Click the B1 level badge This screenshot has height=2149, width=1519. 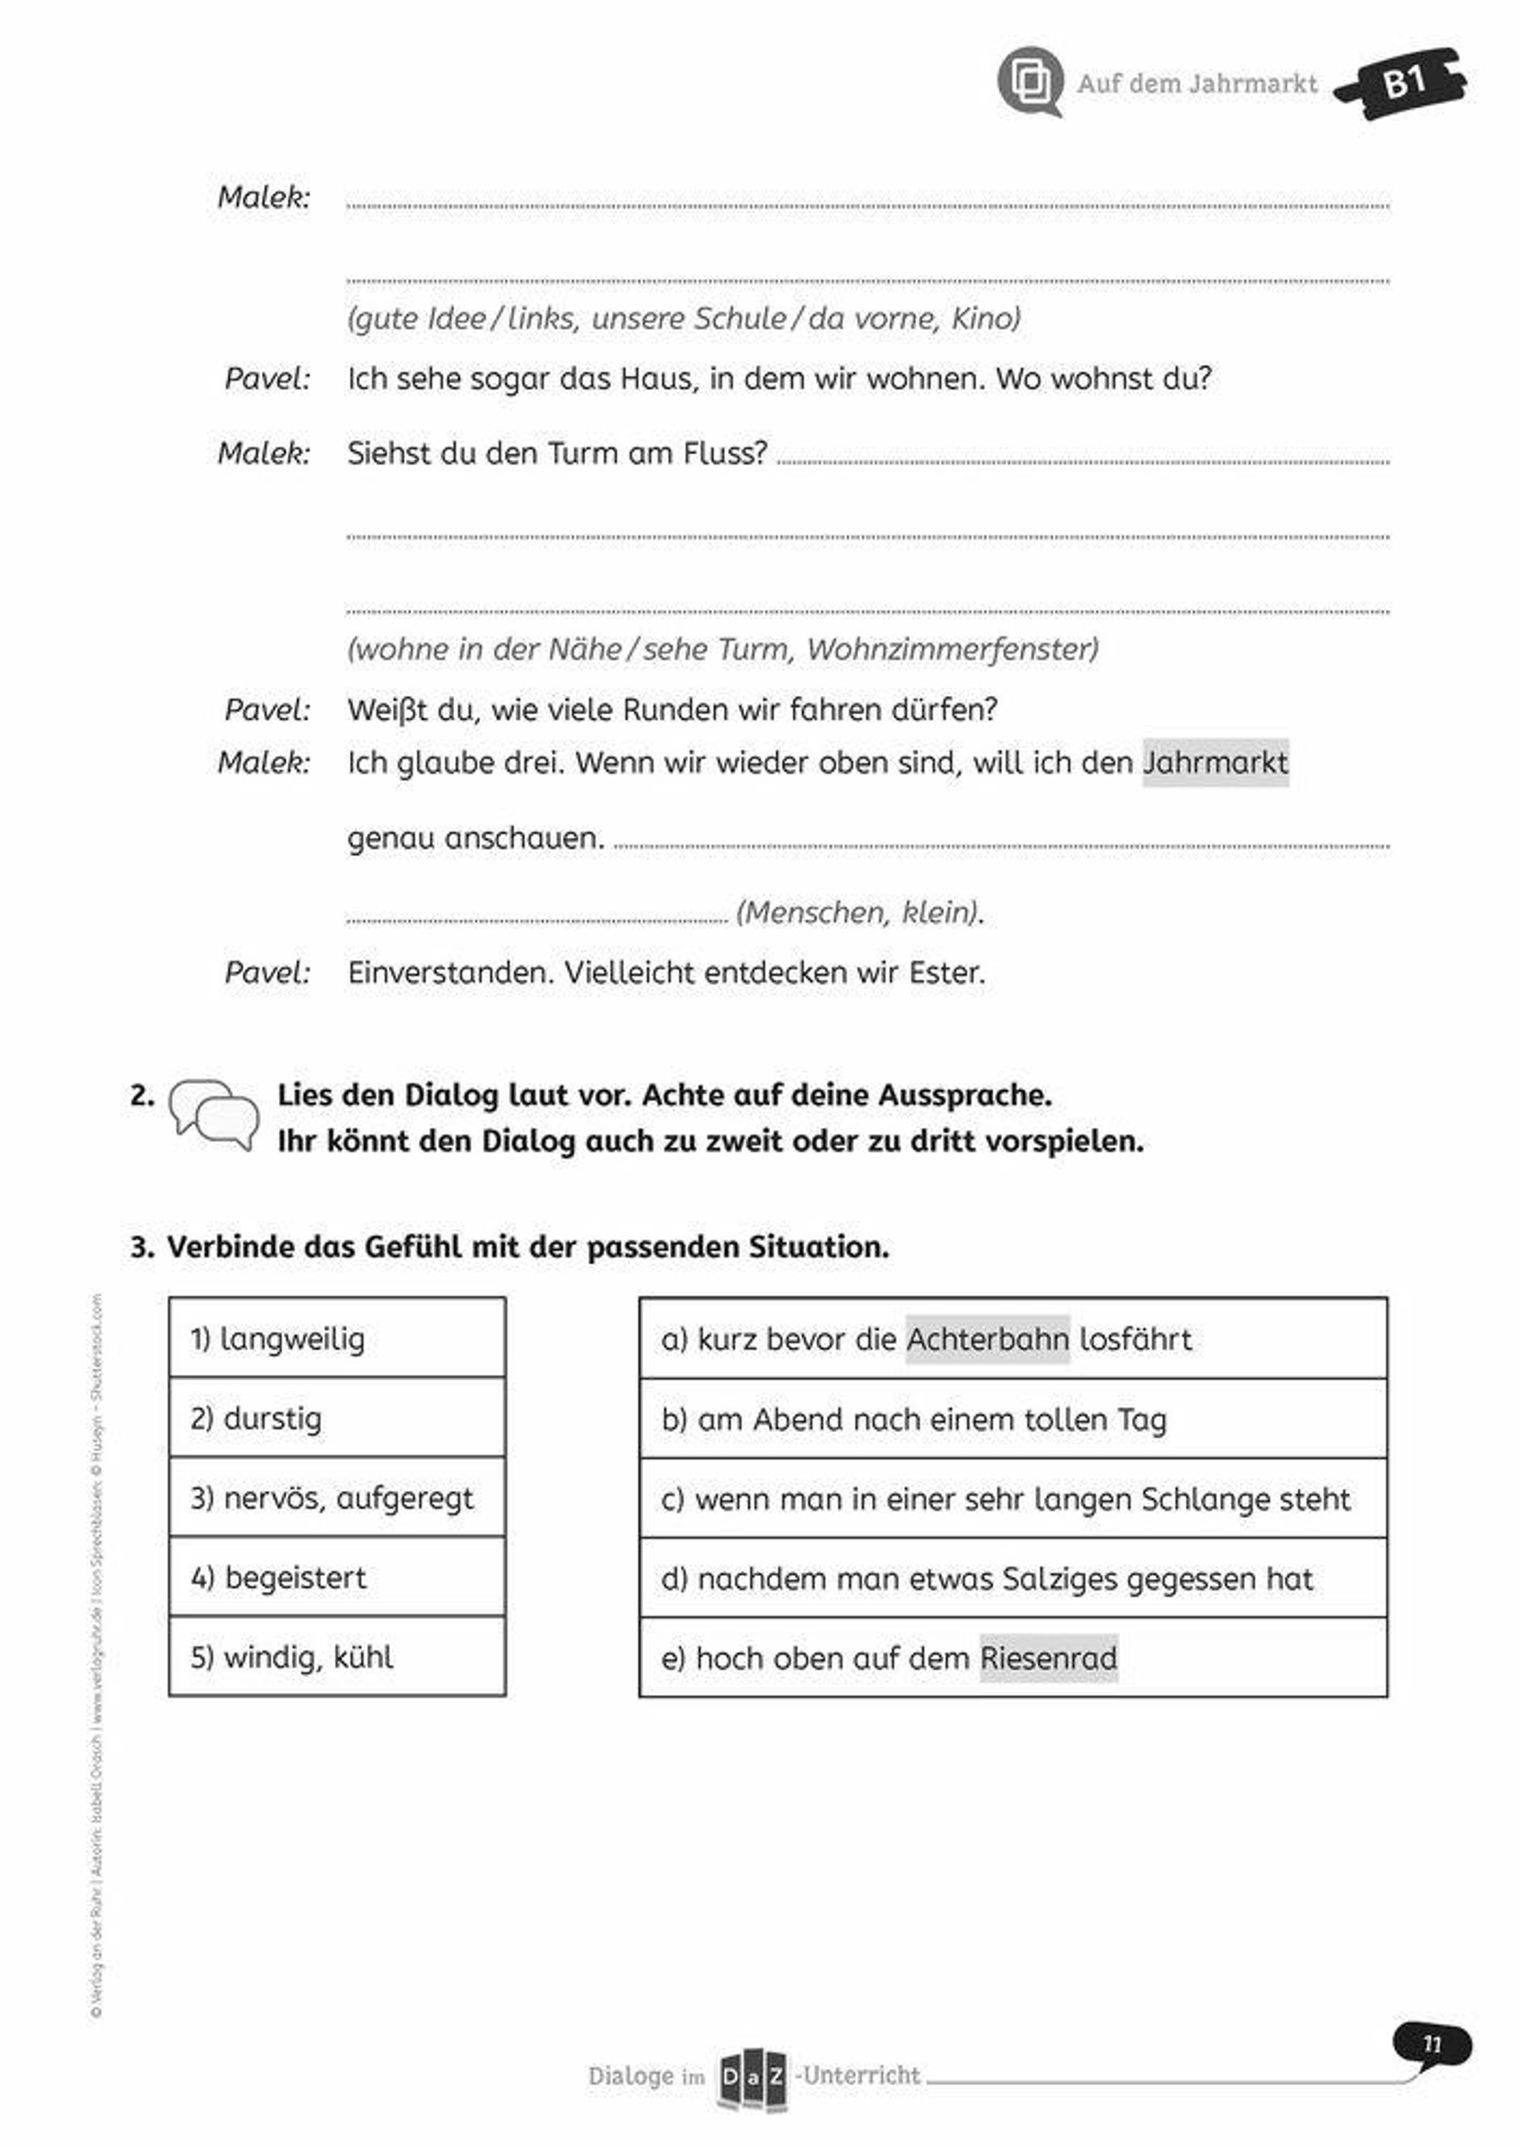coord(1403,82)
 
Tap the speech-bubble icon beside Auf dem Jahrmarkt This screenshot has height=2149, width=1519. coord(1030,82)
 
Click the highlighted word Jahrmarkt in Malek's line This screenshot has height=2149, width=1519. coord(1215,763)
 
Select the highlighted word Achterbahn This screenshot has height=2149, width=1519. coord(987,1339)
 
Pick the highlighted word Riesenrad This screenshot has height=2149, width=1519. coord(1048,1658)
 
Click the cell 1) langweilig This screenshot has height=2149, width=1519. coord(337,1338)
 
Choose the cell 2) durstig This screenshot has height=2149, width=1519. coord(337,1418)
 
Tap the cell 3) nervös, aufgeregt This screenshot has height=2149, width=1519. coord(337,1498)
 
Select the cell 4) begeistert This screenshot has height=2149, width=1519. coord(337,1577)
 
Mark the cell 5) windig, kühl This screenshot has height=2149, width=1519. coord(337,1657)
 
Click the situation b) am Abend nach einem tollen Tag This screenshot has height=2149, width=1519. coord(1013,1419)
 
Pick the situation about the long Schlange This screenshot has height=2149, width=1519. coord(1013,1498)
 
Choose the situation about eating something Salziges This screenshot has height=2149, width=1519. coord(1013,1578)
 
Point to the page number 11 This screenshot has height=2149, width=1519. coord(1431,2044)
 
